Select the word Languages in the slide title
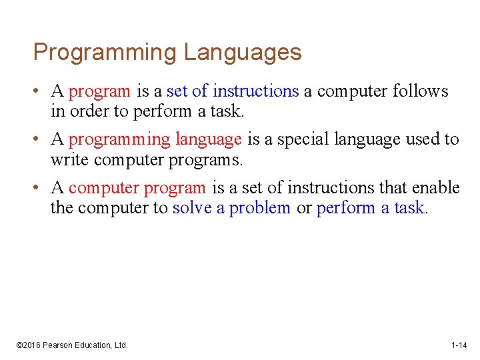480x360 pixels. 243,52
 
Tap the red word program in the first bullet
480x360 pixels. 100,91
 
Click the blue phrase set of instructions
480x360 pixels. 233,91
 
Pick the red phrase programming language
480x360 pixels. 155,139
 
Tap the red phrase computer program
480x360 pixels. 137,188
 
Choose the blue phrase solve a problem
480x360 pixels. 231,208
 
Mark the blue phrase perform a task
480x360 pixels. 371,208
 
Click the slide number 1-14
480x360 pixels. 459,345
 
